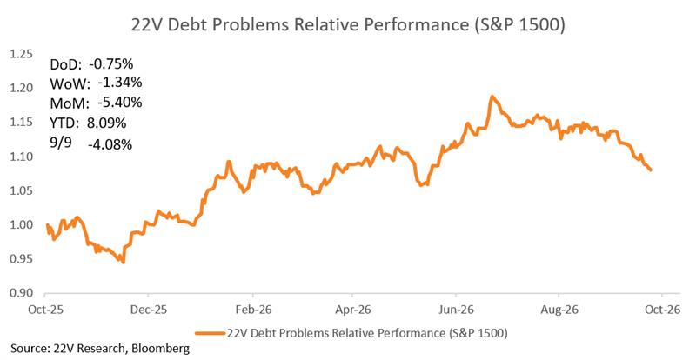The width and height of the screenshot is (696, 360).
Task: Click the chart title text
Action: click(348, 24)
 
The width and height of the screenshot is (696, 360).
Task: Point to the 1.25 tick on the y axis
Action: click(21, 54)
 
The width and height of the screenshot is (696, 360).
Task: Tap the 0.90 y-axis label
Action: click(21, 293)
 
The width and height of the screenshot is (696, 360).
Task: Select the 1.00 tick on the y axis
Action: click(21, 224)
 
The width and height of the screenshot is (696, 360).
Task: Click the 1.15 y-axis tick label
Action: click(21, 122)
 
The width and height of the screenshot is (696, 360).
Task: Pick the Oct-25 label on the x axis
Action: click(45, 310)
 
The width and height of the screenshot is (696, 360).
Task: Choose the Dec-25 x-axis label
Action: click(149, 310)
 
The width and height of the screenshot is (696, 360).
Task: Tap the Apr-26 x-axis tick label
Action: click(353, 310)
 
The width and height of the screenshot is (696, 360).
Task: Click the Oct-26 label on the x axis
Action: click(662, 310)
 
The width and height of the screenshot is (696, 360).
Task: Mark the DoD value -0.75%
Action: click(111, 64)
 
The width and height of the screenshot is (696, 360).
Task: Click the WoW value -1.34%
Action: click(120, 83)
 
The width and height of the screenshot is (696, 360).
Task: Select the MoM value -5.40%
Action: click(120, 103)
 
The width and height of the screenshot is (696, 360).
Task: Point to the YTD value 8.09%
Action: click(106, 123)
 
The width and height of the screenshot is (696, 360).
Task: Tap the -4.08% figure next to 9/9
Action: click(110, 144)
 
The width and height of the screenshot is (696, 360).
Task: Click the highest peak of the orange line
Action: click(492, 96)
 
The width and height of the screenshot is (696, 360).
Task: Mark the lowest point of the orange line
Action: click(123, 263)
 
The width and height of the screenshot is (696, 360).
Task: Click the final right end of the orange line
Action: click(651, 170)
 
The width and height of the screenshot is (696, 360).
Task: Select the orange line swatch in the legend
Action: click(210, 333)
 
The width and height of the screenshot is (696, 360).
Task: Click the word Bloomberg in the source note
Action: click(160, 349)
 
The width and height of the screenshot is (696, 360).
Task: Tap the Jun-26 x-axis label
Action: click(456, 310)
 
